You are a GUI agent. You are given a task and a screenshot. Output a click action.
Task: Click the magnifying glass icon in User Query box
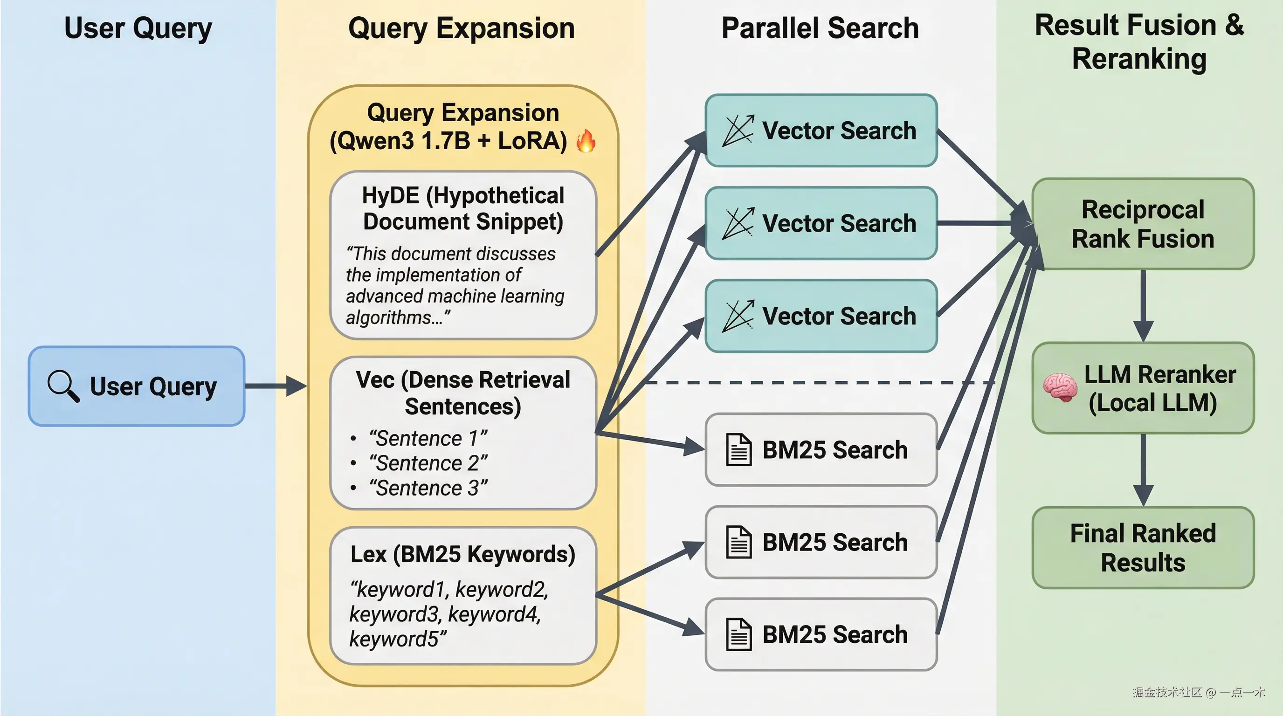[63, 386]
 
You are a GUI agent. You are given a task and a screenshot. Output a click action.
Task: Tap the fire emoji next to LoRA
[586, 141]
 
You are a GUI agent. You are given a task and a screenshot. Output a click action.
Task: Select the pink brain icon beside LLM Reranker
[1060, 387]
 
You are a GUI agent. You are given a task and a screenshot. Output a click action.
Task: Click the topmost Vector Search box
[821, 131]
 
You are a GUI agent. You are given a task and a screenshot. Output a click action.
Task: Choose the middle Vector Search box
[821, 223]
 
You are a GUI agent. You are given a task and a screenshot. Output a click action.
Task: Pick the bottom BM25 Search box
[821, 634]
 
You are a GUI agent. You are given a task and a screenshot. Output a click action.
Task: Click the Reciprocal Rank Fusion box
[1143, 224]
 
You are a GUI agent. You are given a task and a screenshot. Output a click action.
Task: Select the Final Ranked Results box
[1143, 548]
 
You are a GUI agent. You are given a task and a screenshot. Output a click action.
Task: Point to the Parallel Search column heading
[820, 28]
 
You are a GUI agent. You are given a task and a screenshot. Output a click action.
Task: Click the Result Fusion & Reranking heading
[1139, 42]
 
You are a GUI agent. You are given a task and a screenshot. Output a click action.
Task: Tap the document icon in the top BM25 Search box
[738, 450]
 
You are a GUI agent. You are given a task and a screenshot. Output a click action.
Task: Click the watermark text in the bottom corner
[1198, 692]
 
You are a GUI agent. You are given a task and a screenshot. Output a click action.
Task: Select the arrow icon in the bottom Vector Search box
[738, 316]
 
